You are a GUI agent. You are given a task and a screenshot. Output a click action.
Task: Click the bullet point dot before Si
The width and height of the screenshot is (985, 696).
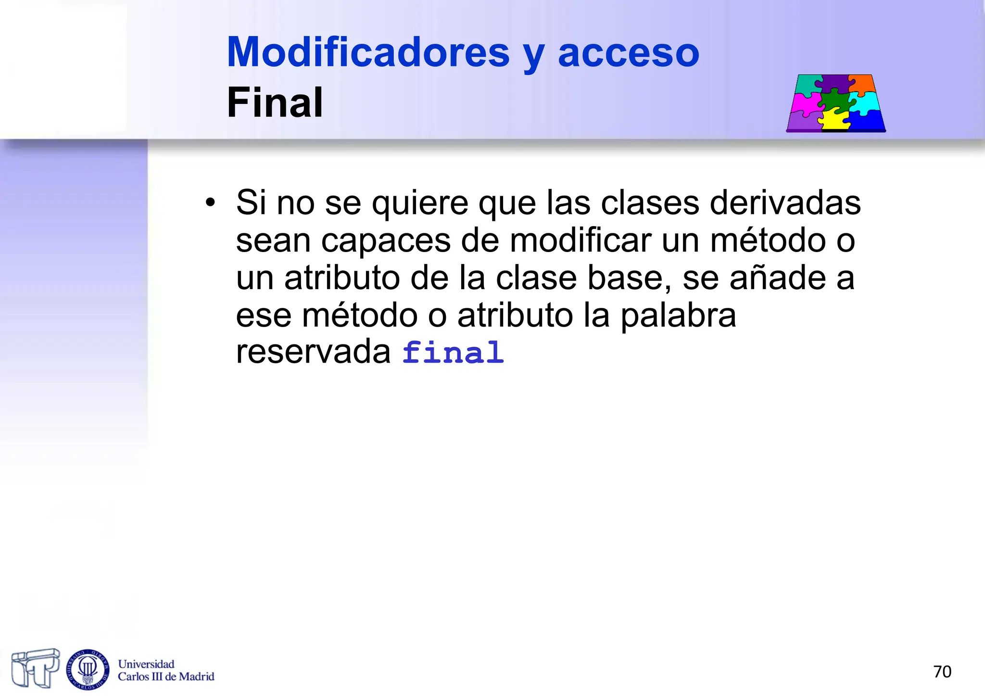(210, 202)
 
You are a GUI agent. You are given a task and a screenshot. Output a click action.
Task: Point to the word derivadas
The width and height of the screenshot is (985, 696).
(785, 202)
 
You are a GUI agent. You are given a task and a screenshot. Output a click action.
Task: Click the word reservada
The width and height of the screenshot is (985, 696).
(313, 352)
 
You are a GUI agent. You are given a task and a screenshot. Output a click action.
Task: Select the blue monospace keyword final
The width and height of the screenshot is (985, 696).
(453, 353)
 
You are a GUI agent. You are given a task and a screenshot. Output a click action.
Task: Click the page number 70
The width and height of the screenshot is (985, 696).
(942, 671)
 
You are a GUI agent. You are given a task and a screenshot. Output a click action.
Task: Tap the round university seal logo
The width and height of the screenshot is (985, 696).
(88, 669)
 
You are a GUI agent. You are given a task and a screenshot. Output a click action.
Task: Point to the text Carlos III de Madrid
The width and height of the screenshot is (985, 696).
(166, 677)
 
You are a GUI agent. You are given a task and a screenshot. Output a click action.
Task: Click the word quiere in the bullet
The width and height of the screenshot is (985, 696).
(419, 202)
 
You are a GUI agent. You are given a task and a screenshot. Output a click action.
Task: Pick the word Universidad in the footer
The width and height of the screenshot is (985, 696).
(146, 664)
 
